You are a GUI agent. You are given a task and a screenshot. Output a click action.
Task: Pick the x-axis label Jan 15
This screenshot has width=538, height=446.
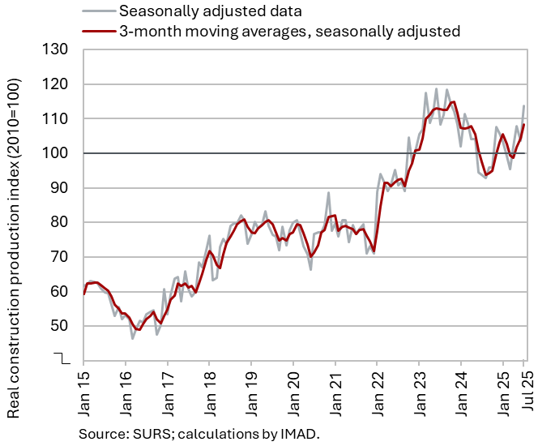(84, 388)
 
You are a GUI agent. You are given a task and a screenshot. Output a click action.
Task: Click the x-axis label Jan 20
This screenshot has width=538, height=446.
(293, 388)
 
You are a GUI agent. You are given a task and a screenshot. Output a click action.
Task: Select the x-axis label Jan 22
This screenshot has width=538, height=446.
(378, 388)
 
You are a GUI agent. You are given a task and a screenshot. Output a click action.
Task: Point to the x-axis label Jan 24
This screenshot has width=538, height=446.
(461, 388)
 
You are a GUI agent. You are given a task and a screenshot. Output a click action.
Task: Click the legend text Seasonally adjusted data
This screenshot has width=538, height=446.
(211, 11)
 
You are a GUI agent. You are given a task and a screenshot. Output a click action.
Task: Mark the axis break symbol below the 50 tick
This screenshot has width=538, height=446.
(61, 356)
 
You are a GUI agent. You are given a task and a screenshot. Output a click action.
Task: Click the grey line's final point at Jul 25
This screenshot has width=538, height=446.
(524, 106)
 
